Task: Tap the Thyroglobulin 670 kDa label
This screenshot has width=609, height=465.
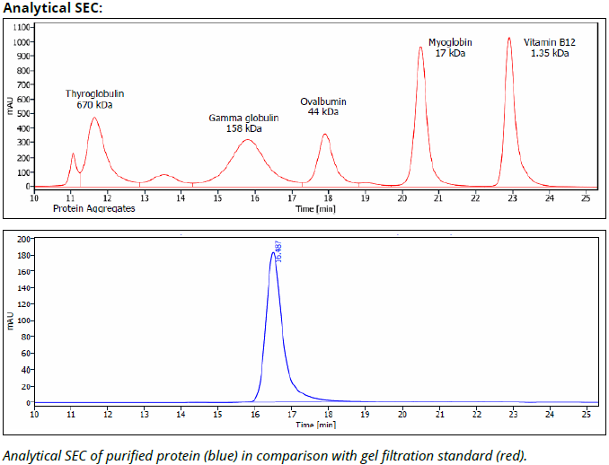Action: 95,99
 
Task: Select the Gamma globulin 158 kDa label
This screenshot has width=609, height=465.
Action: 244,123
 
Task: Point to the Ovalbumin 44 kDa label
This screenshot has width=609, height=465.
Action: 323,107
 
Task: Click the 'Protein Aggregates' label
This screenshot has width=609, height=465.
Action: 93,208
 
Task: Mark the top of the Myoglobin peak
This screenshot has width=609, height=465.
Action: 420,48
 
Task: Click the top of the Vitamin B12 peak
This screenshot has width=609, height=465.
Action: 509,38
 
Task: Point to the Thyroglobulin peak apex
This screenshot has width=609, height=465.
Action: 94,118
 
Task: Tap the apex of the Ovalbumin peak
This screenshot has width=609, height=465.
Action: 325,135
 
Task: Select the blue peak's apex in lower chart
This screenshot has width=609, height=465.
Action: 273,253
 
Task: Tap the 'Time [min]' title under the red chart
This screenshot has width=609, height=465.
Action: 315,208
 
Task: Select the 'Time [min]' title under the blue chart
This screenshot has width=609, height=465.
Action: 315,424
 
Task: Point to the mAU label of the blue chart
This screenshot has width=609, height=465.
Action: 9,320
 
